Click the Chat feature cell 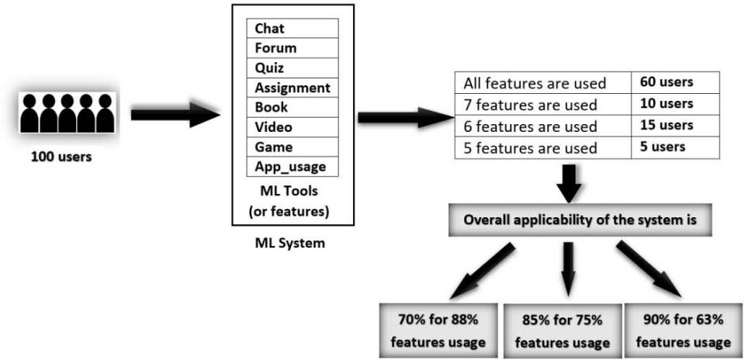pyautogui.click(x=293, y=28)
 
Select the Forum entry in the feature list pyautogui.click(x=293, y=47)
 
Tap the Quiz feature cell pyautogui.click(x=293, y=67)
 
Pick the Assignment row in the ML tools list pyautogui.click(x=293, y=88)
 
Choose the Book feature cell pyautogui.click(x=293, y=107)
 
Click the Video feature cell pyautogui.click(x=293, y=126)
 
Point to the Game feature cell pyautogui.click(x=293, y=146)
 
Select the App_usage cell pyautogui.click(x=293, y=166)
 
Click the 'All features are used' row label pyautogui.click(x=545, y=83)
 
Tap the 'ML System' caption pyautogui.click(x=289, y=244)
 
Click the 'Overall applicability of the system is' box pyautogui.click(x=590, y=220)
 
